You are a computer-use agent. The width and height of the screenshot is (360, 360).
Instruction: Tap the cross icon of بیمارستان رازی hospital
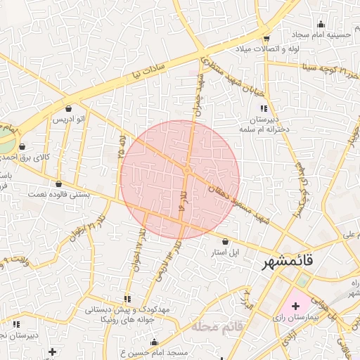click(x=295, y=307)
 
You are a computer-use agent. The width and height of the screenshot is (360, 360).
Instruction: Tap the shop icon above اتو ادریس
click(x=68, y=109)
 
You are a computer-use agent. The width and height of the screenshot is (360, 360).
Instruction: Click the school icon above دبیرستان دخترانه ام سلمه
click(x=264, y=108)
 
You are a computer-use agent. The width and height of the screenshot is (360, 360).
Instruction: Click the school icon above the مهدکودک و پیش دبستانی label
click(x=127, y=299)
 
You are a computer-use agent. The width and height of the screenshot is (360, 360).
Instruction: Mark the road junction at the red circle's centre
click(x=187, y=171)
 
